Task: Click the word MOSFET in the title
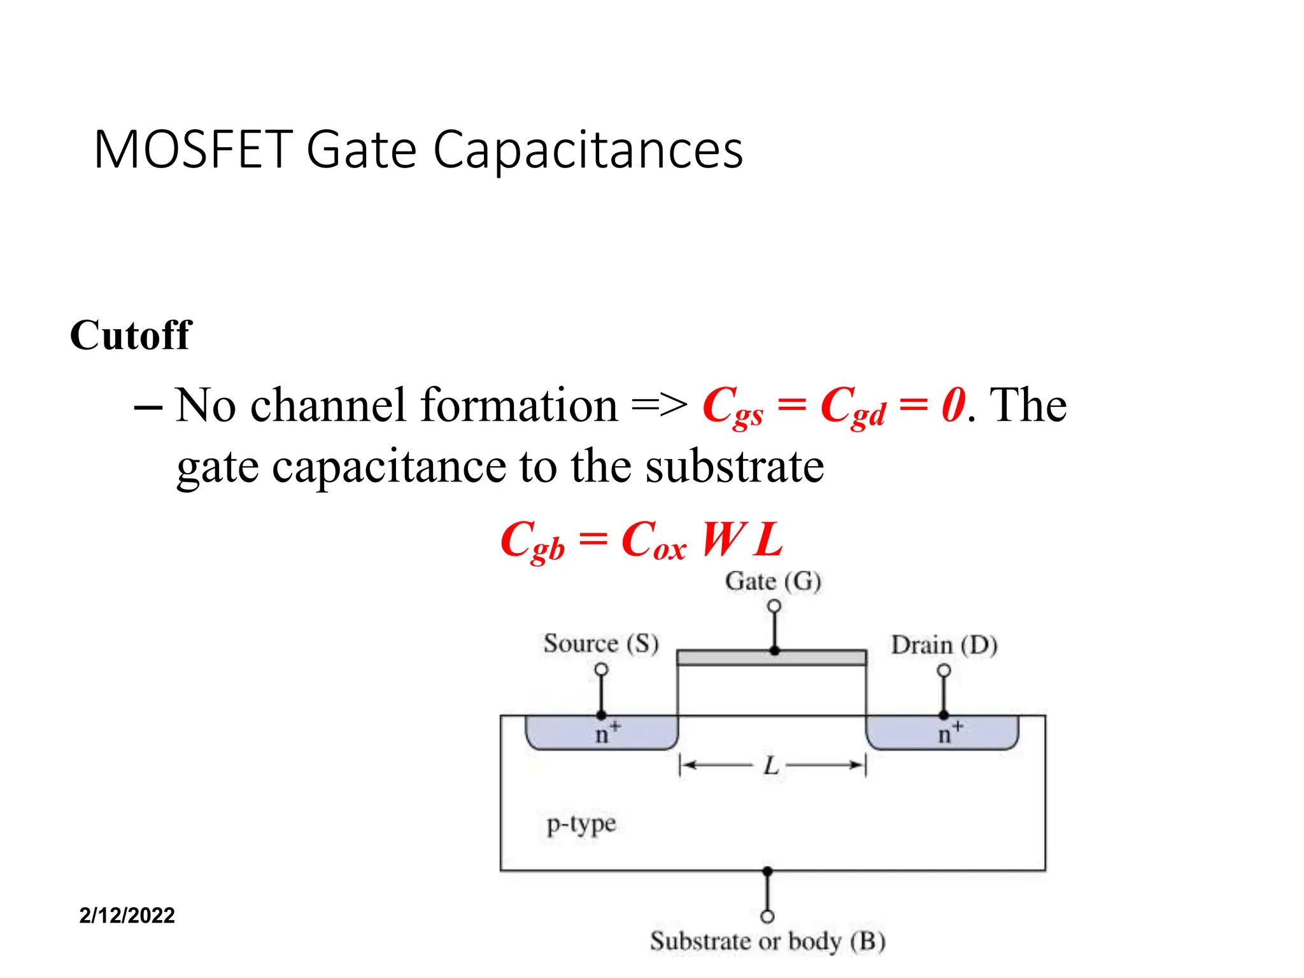pos(193,150)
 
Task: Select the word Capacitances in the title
pos(588,152)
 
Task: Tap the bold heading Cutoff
pos(131,335)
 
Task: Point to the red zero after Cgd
pos(953,405)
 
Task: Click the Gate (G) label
pos(772,581)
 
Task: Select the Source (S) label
pos(600,643)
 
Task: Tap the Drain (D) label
pos(944,645)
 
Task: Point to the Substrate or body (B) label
pos(767,941)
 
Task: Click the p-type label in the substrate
pos(581,824)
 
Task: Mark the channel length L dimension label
pos(771,765)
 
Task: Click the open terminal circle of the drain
pos(944,670)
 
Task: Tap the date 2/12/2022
pos(127,916)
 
